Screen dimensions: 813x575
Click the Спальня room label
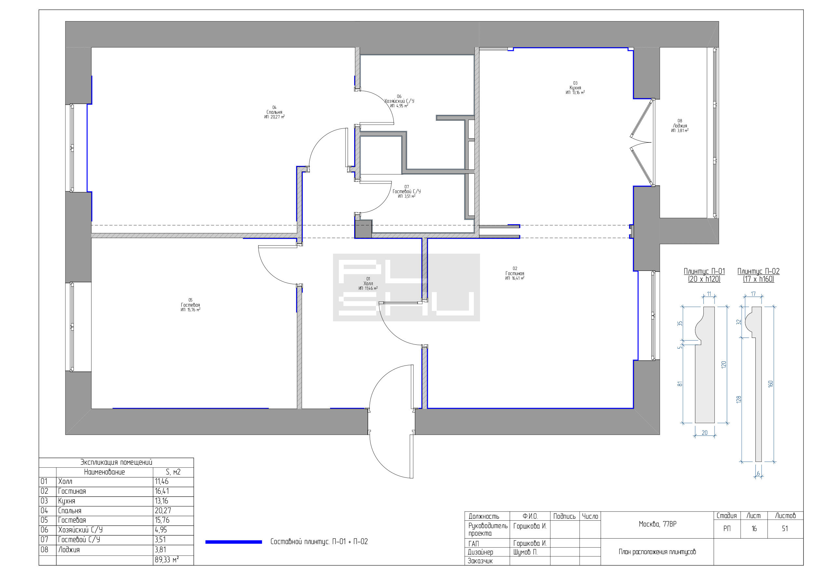coord(274,112)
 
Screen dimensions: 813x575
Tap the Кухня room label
coord(575,88)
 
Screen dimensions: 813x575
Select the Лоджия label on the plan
coord(680,126)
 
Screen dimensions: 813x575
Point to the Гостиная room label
coord(514,273)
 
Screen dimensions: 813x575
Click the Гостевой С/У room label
coord(406,192)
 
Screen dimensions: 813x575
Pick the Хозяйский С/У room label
coord(399,101)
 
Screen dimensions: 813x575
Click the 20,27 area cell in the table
coord(162,511)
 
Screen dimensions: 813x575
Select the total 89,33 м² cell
coord(167,560)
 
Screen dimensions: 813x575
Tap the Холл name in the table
coord(65,482)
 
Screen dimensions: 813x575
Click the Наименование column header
coord(104,472)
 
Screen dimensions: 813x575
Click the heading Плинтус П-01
coord(704,272)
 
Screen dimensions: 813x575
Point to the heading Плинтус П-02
coord(758,272)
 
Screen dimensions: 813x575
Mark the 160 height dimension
coord(771,384)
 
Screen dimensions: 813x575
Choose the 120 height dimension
coord(724,365)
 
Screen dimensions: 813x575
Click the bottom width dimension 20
coord(704,433)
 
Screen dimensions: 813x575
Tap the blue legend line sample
coord(234,542)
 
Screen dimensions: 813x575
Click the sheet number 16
coord(754,528)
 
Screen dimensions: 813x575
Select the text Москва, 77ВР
coord(658,524)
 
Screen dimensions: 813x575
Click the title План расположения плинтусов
coord(657,552)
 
